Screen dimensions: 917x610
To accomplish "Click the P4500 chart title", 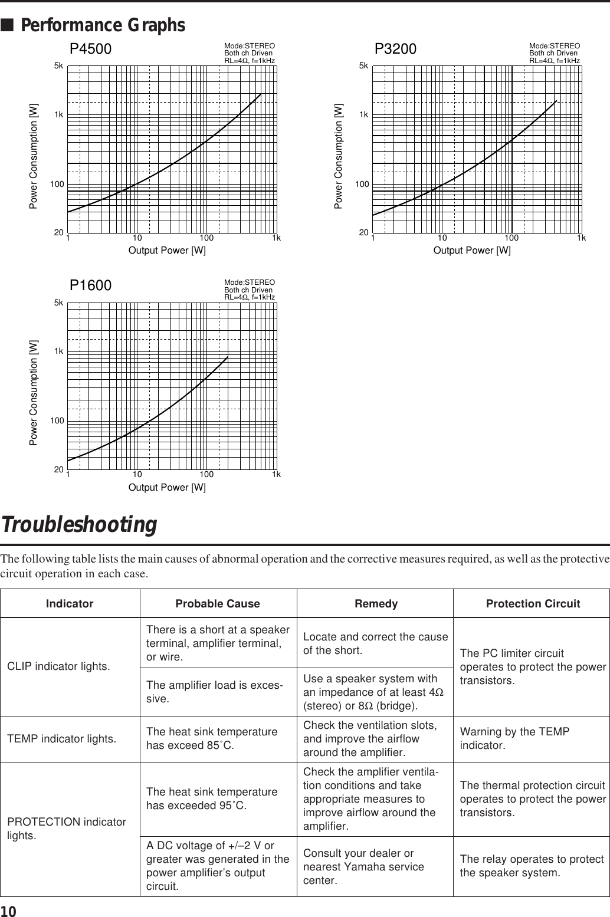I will (91, 48).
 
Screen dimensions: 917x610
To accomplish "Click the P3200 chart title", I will (396, 48).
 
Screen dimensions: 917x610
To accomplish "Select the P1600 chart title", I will (91, 285).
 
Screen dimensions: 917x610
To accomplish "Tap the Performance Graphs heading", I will (103, 26).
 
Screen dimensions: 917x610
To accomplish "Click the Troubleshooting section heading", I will (79, 524).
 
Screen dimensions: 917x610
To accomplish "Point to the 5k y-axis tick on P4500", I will (58, 66).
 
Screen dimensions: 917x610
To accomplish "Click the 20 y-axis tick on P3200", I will (364, 233).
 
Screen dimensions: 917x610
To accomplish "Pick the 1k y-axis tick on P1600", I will (58, 351).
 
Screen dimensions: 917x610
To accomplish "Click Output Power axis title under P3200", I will (472, 251).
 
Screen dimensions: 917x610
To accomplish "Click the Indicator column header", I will (70, 604).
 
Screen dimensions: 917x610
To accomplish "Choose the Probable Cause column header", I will (218, 604).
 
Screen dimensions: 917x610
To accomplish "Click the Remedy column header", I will (376, 604).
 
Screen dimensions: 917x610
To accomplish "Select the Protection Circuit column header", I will (533, 604).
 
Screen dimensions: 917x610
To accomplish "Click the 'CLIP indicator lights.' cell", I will (58, 666).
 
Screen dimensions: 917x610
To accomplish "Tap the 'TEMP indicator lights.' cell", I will (61, 738).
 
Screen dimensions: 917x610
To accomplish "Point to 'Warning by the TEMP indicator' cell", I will (514, 738).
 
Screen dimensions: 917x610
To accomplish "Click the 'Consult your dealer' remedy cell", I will (363, 866).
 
